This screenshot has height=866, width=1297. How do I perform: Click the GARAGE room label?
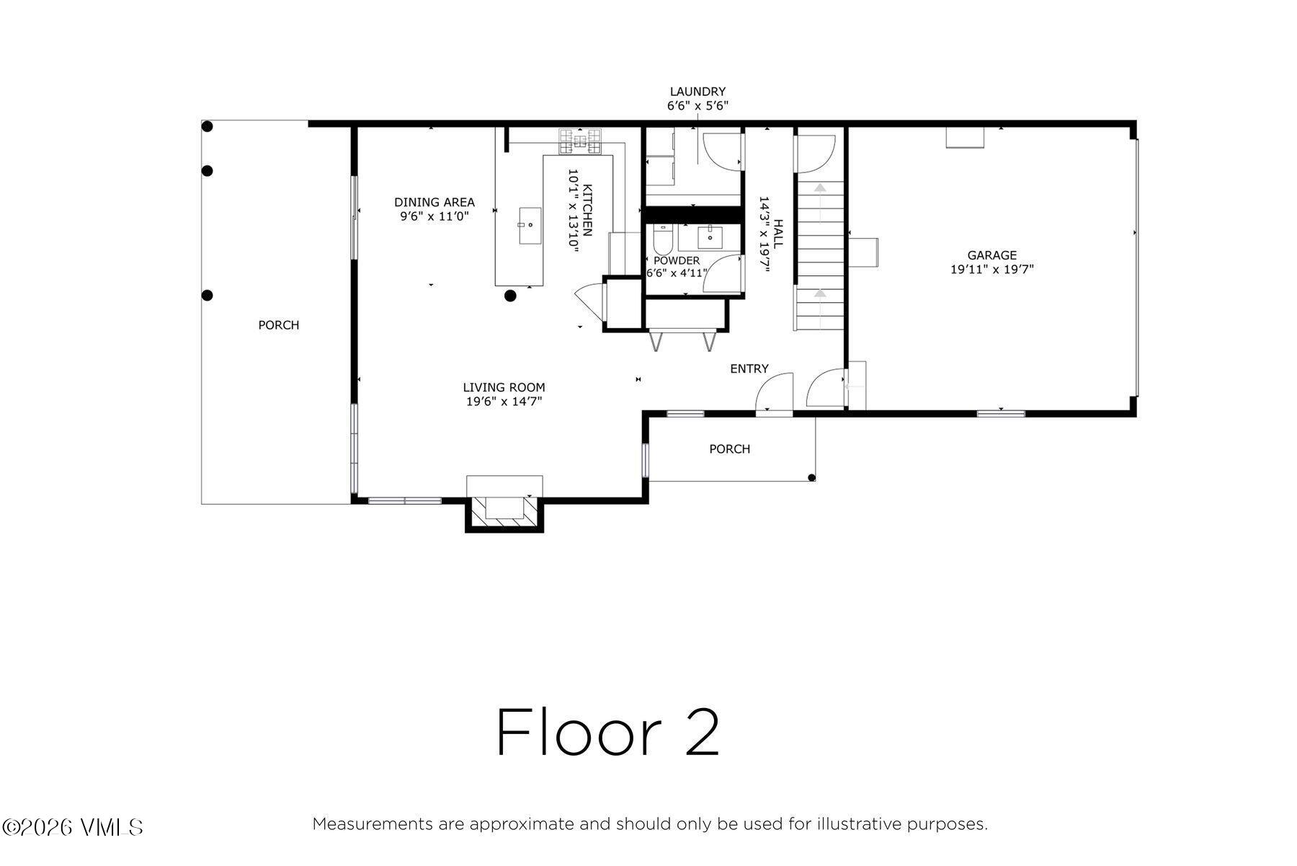991,255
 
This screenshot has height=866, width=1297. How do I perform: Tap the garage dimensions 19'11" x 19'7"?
992,270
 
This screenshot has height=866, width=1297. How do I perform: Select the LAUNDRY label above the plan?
697,92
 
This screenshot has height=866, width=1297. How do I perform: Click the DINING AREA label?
434,202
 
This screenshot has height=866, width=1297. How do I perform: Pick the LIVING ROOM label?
504,387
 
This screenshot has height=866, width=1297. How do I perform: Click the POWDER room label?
677,260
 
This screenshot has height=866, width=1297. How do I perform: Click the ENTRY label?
749,368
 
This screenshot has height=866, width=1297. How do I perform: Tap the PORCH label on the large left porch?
279,325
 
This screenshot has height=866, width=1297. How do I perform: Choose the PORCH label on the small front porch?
730,449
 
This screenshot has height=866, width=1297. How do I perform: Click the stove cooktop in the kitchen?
580,141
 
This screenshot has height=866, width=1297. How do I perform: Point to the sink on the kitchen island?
530,226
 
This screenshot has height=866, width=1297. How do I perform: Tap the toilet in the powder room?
663,237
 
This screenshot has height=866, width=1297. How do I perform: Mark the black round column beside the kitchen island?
510,295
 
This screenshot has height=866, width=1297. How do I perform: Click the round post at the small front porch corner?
812,477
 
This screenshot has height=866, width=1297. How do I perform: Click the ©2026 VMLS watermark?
73,827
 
